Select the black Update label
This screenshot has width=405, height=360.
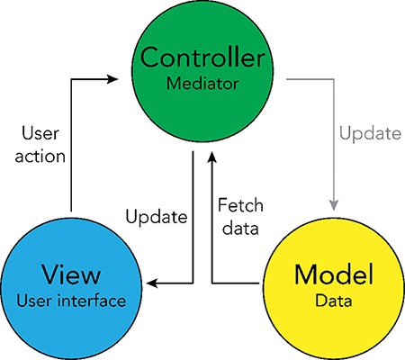pos(156,217)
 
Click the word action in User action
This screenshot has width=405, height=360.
pos(41,155)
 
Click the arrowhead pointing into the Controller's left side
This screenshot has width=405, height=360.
pos(112,79)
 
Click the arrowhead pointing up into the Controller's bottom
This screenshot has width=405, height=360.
pos(211,158)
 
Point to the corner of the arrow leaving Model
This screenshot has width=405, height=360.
pos(211,283)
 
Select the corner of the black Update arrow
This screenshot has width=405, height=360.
pos(193,283)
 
